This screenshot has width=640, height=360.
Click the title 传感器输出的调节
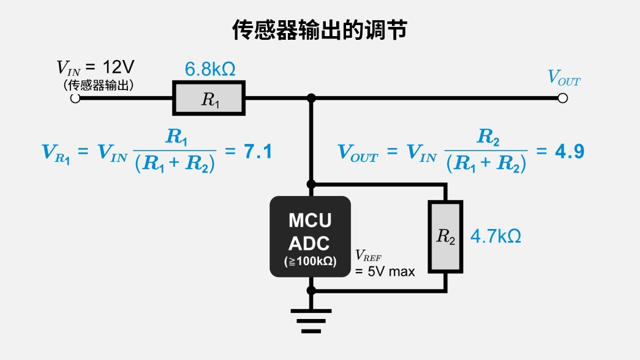click(319, 29)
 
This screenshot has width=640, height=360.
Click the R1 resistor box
click(209, 99)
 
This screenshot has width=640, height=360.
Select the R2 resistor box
click(445, 236)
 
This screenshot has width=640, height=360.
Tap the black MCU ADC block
click(310, 236)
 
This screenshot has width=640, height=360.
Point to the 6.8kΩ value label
click(210, 69)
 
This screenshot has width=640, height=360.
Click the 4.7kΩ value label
click(495, 236)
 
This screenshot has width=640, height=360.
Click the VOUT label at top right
click(563, 78)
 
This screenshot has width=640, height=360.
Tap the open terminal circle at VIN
click(75, 99)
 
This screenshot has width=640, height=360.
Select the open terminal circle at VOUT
click(563, 98)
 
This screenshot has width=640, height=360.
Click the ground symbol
click(311, 320)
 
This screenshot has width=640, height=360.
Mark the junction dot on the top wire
click(311, 98)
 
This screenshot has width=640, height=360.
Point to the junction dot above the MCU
click(311, 184)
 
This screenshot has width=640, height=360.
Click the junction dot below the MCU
click(311, 290)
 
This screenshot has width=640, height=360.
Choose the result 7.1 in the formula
click(258, 152)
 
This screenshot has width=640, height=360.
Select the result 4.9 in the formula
click(569, 152)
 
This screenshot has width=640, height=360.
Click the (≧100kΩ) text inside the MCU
click(310, 261)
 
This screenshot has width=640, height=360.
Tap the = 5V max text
click(385, 271)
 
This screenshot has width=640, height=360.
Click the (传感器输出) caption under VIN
click(99, 84)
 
